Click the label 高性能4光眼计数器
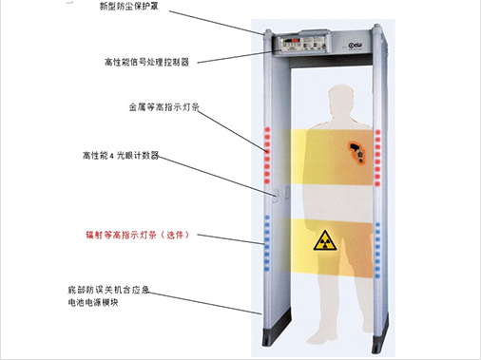[x=125, y=153]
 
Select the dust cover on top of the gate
[x=323, y=29]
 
